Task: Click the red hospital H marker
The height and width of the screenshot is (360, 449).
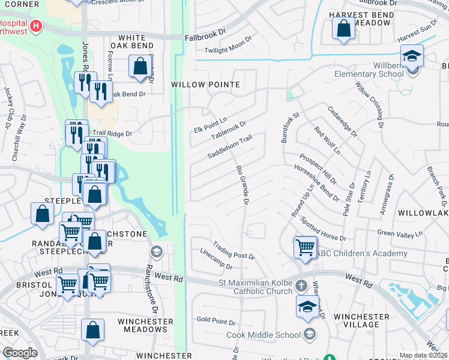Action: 36,26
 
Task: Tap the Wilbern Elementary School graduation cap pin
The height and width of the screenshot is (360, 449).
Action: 412,56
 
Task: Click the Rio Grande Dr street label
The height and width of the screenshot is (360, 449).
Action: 243,185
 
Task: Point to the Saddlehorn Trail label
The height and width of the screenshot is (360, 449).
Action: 229,146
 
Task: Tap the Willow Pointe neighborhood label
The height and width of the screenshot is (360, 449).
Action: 205,85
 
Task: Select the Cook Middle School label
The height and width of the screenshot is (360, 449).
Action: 263,335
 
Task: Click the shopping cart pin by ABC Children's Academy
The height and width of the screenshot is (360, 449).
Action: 305,247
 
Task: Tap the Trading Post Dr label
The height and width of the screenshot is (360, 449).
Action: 233,251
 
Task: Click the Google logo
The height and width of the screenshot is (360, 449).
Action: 20,353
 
